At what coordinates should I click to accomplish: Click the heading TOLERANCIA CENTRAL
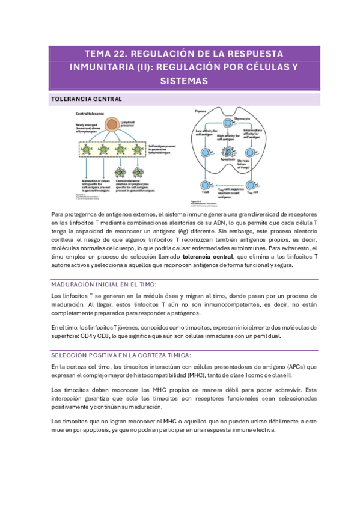click(87, 99)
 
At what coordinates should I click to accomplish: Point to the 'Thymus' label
click(200, 111)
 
